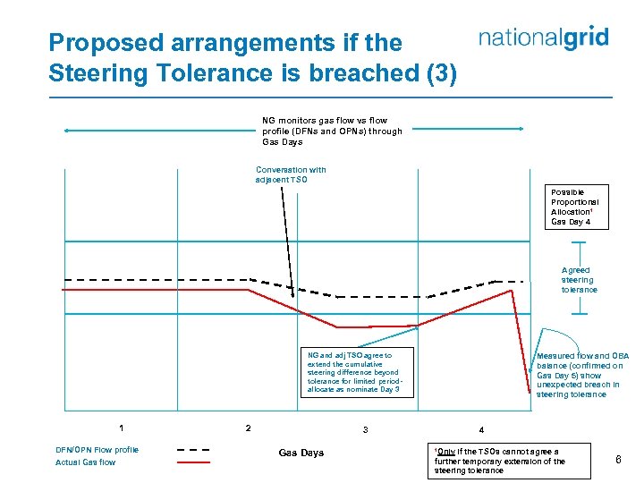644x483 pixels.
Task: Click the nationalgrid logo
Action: coord(543,38)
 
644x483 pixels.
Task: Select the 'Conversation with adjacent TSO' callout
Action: coord(291,174)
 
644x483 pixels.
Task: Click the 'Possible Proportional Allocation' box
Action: coord(577,207)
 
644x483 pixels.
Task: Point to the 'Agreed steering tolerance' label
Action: coord(579,279)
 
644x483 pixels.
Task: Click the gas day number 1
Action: coord(122,427)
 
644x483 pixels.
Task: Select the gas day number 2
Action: coord(248,427)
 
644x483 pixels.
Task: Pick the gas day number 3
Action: coord(365,430)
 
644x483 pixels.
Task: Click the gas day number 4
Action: coord(481,430)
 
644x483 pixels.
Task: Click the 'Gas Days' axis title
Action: coord(301,453)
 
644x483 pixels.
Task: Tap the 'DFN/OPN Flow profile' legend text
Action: coord(97,449)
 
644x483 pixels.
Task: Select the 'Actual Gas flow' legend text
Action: coord(85,462)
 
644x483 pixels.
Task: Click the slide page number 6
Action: coord(618,460)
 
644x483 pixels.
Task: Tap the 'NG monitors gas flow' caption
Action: coord(332,131)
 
